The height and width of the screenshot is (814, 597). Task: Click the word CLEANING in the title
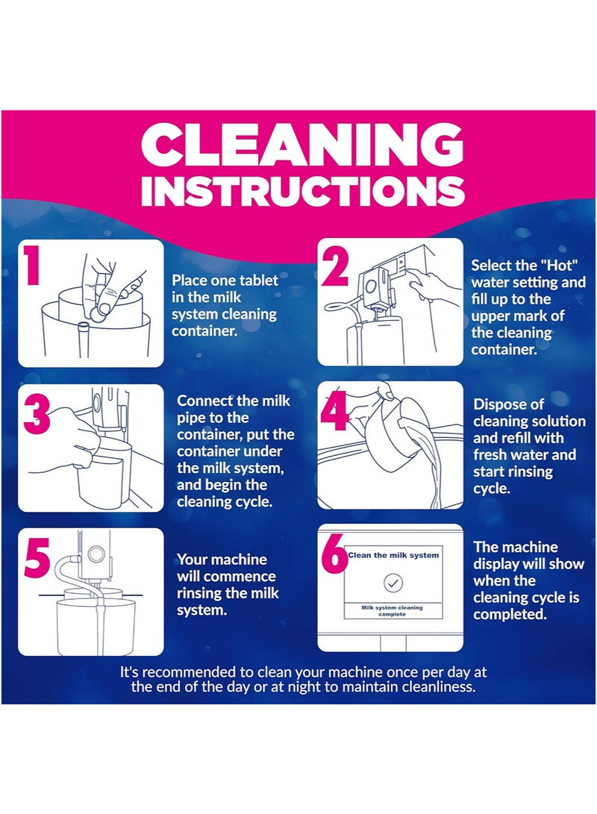pos(301,145)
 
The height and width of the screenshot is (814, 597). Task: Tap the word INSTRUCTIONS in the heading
pos(302,190)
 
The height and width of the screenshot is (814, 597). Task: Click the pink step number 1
pos(31,265)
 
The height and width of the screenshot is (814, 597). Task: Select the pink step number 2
pos(335,266)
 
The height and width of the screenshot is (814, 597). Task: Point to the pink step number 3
pos(37,414)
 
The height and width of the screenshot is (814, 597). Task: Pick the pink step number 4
pos(334,409)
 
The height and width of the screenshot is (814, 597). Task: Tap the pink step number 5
pos(37,558)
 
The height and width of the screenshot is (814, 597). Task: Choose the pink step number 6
pos(335,553)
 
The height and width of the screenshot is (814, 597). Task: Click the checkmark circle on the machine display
pos(393,583)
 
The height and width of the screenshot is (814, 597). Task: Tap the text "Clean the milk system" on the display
pos(393,555)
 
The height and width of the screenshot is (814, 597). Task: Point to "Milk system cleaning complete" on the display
pos(393,610)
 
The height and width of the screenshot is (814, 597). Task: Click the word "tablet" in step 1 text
pos(260,281)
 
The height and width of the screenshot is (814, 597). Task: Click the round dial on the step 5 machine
pos(96,554)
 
